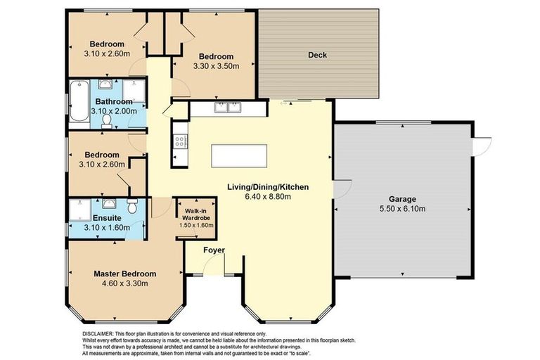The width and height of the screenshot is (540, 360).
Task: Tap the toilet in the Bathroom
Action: [106, 122]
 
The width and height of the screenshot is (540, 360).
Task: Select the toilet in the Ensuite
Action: [131, 205]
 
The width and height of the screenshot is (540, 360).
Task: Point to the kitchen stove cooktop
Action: [180, 141]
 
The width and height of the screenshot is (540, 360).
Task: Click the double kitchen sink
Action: [229, 108]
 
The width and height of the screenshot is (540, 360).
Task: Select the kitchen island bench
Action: [239, 155]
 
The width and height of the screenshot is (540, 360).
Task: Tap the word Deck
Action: [318, 55]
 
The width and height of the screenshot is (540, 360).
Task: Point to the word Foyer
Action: [214, 250]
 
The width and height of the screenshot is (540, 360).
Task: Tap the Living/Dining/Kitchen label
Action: [268, 187]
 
